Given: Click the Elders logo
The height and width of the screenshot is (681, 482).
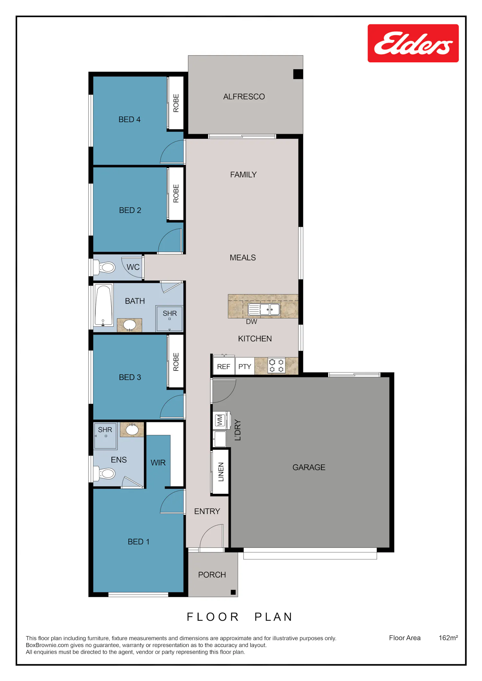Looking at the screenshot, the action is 413,43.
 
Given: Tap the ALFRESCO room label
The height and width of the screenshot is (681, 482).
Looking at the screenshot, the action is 244,97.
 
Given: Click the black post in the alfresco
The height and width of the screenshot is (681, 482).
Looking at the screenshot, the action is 298,74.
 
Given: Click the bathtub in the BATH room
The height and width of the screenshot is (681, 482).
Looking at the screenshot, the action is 103,305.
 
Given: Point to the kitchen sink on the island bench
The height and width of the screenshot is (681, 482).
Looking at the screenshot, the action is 264,310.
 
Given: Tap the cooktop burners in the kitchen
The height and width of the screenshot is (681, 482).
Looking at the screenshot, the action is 276,366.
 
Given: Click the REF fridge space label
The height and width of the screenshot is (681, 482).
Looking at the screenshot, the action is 224,367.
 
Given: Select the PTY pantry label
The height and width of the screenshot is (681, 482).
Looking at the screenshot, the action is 245,367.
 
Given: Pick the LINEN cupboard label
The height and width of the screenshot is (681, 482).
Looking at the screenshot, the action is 221,472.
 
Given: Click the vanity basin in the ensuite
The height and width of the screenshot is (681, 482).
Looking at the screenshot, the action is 132,430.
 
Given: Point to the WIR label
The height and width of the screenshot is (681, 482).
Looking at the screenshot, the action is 158,463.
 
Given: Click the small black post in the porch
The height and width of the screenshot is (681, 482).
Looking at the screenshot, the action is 233,592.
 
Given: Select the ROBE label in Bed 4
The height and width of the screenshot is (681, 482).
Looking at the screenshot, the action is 176,103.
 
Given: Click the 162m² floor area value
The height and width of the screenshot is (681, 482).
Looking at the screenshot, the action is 448,638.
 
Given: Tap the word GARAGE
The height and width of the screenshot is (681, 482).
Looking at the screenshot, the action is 309,467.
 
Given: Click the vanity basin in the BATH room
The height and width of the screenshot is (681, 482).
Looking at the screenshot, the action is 129,325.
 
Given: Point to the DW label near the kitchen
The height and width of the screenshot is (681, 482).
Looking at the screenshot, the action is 252,322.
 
